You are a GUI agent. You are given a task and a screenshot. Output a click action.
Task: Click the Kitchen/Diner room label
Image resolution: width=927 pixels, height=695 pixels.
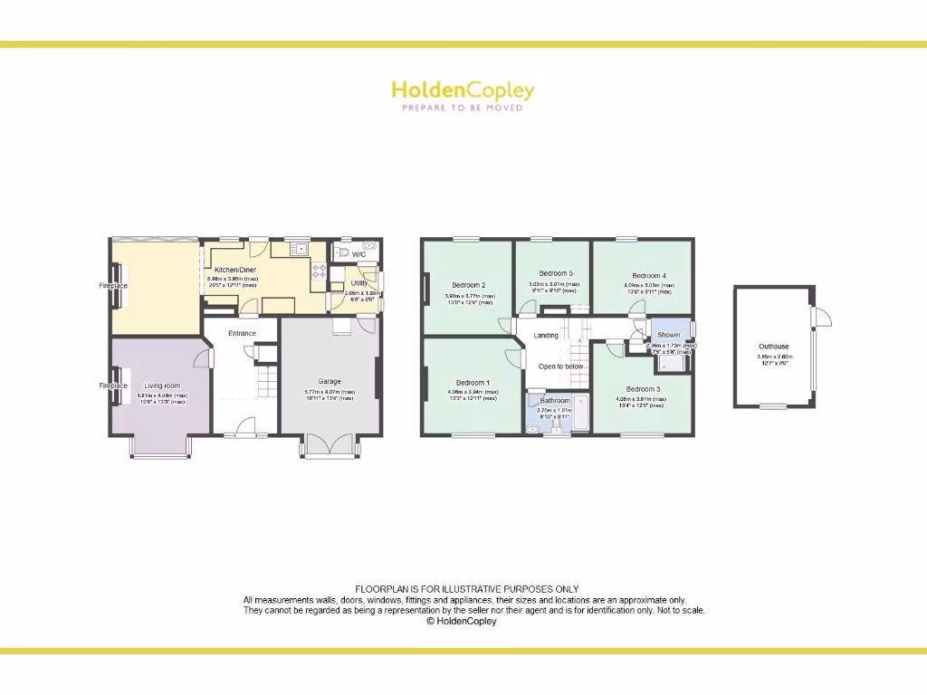coord(233,270)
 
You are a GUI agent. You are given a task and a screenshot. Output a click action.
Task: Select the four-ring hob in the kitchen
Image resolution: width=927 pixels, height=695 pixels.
coord(320,270)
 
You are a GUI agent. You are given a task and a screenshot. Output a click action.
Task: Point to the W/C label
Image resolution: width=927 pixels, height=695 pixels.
coord(358,254)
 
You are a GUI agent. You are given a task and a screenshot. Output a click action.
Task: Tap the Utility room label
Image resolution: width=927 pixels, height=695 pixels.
coord(358,283)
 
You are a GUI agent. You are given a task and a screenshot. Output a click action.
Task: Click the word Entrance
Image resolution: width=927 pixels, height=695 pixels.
coord(242,333)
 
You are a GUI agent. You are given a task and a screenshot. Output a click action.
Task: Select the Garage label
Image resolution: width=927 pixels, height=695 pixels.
coord(329,381)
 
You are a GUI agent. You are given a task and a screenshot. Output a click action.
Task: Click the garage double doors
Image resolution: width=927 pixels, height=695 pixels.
coord(330,444)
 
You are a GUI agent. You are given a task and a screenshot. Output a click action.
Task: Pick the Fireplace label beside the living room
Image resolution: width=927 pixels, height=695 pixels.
coord(113,386)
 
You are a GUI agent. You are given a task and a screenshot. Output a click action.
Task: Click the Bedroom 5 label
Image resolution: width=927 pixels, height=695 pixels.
coord(556,273)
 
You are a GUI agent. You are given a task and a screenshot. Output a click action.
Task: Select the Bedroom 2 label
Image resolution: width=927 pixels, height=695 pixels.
coord(469,285)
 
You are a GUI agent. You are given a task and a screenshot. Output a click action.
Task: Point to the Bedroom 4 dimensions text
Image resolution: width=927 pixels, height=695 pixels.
coord(648,288)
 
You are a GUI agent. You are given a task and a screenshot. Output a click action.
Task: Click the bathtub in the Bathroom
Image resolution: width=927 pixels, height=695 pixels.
coord(578,415)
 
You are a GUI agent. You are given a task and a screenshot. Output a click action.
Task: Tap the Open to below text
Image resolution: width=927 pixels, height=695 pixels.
coord(561,367)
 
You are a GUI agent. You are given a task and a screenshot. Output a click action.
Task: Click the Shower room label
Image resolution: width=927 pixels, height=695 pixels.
coord(669,335)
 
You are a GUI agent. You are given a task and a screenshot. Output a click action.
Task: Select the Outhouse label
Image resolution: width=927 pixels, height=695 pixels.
coord(774,347)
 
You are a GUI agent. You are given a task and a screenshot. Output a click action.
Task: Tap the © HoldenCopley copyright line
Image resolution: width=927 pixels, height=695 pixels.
coord(462,622)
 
